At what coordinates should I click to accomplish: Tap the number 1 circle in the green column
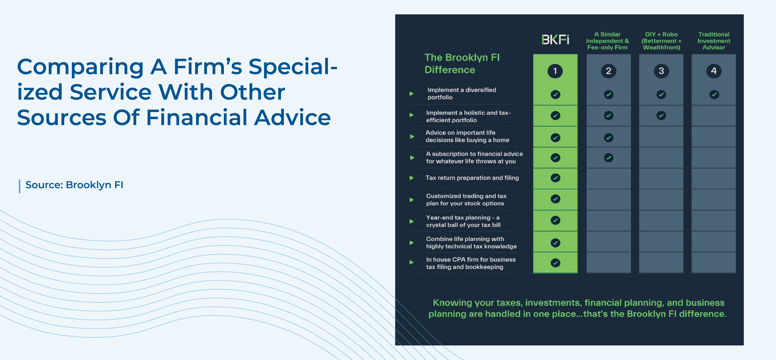click(x=555, y=71)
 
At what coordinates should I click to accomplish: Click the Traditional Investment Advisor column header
click(x=714, y=41)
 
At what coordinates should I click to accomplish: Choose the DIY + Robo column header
click(x=661, y=41)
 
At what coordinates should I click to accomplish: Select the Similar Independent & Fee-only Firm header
click(x=607, y=41)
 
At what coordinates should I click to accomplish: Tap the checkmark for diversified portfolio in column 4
click(x=714, y=95)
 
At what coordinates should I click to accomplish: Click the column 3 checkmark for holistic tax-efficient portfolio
click(x=661, y=115)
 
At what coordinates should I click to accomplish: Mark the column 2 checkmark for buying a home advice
click(x=609, y=138)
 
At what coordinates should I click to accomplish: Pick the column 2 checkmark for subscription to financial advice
click(x=609, y=158)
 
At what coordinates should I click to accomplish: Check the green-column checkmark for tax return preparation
click(x=555, y=178)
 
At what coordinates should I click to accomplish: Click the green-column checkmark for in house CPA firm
click(x=555, y=263)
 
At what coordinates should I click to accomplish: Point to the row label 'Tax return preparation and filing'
click(x=472, y=178)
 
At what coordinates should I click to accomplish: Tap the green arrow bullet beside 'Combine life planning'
click(x=412, y=243)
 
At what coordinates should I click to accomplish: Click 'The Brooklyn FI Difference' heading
click(x=462, y=64)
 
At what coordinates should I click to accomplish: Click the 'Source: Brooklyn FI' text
click(x=74, y=185)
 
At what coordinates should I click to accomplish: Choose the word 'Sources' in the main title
click(x=62, y=117)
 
